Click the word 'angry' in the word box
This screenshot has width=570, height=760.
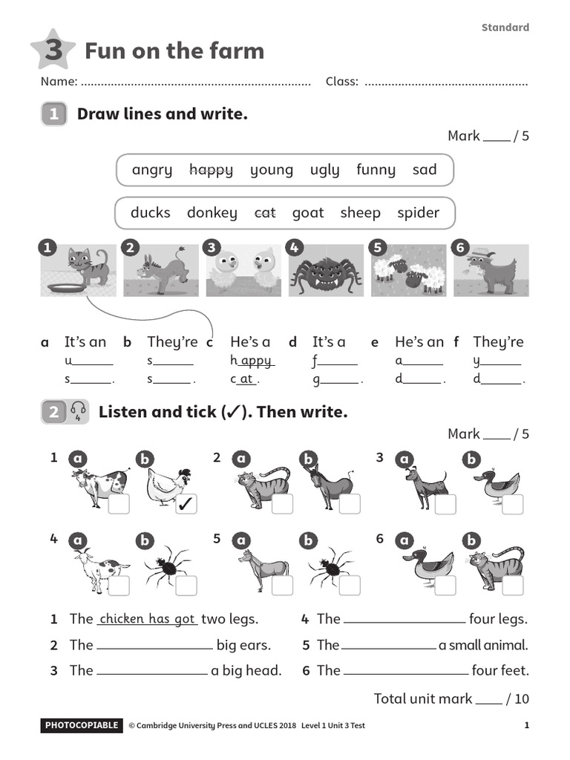[151, 170]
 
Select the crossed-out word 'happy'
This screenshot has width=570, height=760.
[211, 170]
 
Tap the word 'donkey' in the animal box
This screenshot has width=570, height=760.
[212, 213]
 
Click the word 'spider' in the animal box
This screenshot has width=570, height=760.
[418, 213]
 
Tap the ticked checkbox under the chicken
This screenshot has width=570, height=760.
[186, 504]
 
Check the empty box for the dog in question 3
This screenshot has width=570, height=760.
[445, 504]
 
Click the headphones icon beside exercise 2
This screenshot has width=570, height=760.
[78, 412]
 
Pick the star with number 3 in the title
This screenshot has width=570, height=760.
[53, 50]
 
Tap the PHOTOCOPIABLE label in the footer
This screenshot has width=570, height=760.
[81, 725]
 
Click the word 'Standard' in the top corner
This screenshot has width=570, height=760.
[505, 27]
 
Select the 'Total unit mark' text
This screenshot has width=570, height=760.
[422, 698]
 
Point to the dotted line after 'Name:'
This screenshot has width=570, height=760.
[196, 82]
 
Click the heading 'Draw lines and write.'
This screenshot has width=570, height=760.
[162, 114]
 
